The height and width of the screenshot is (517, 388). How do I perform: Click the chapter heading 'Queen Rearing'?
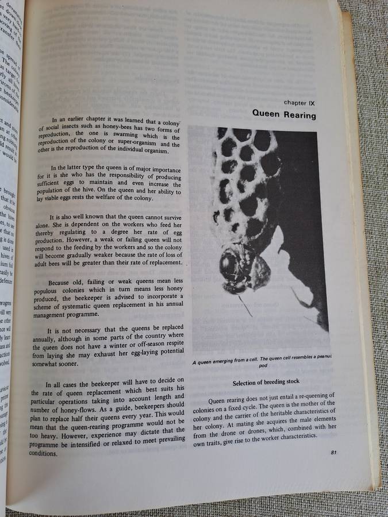pyautogui.click(x=284, y=114)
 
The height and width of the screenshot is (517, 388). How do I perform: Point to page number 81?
pyautogui.click(x=334, y=453)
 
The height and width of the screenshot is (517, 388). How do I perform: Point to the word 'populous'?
pyautogui.click(x=46, y=292)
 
